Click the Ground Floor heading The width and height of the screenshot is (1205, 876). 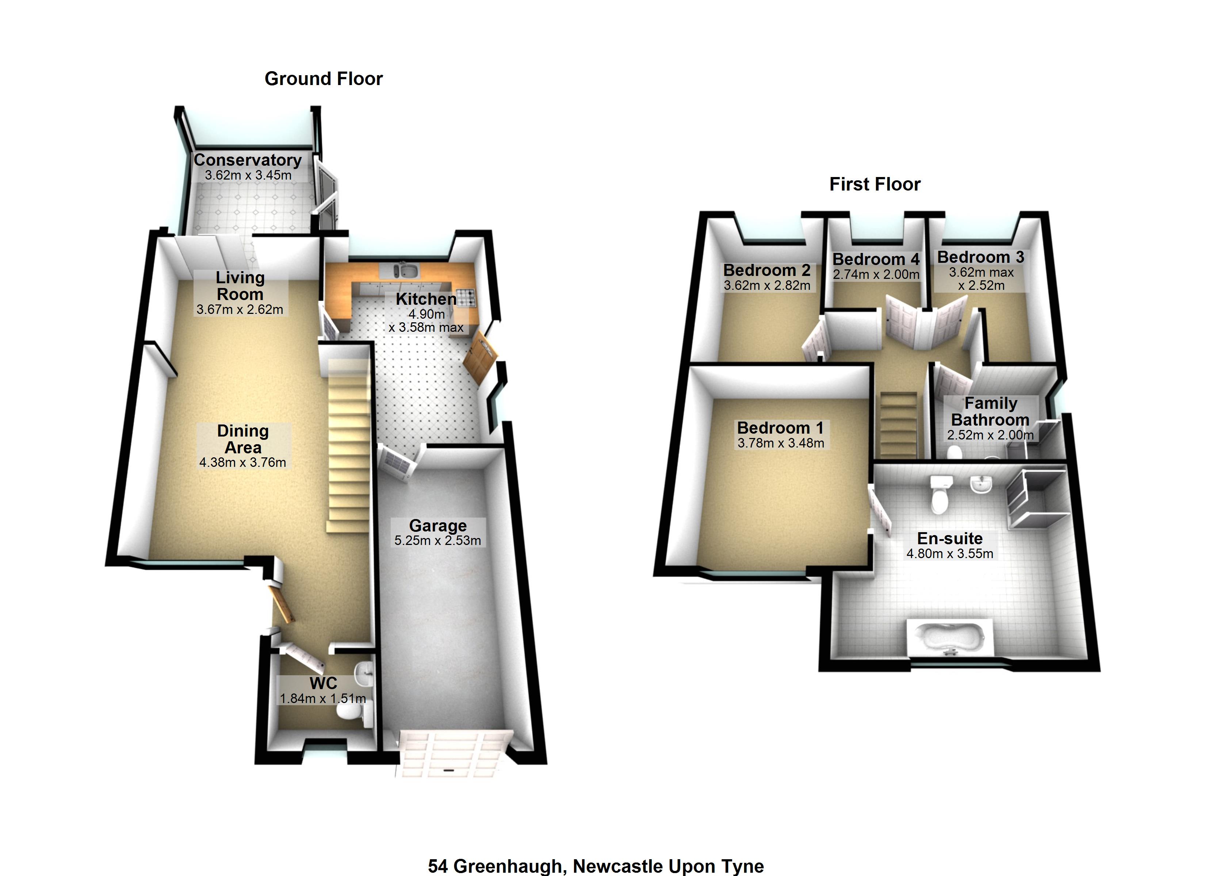click(x=324, y=78)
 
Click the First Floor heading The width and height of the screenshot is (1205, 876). click(x=875, y=184)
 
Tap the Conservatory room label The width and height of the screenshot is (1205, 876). click(x=248, y=160)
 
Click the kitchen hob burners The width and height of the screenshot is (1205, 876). click(x=466, y=297)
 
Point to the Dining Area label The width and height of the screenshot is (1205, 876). click(x=243, y=439)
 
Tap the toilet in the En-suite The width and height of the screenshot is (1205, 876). click(x=939, y=495)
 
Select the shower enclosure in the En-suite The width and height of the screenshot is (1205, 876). click(x=1036, y=498)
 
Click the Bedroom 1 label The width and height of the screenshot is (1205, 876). click(x=780, y=428)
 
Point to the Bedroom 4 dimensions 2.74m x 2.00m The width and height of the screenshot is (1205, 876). click(x=876, y=274)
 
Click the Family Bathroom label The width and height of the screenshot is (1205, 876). click(x=990, y=411)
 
